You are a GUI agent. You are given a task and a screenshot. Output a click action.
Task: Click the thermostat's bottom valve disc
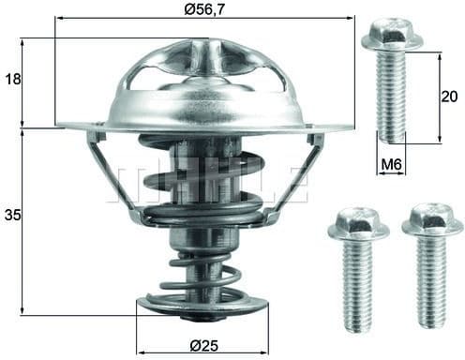click(x=202, y=304)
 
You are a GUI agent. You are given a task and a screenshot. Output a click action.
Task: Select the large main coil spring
click(x=202, y=187)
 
